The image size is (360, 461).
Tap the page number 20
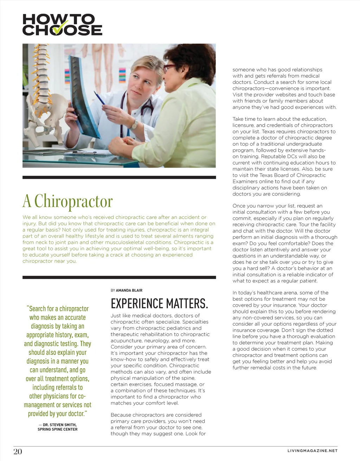pos(18,452)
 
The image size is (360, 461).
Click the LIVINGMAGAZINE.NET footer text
pos(312,451)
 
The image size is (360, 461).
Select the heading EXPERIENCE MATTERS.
pos(159,304)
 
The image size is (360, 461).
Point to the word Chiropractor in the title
pos(73,201)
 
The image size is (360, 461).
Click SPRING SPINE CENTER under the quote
pos(58,429)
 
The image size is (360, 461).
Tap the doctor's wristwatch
pos(134,124)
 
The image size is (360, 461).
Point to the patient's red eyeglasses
pos(169,67)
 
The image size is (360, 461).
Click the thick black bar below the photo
pos(119,177)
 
